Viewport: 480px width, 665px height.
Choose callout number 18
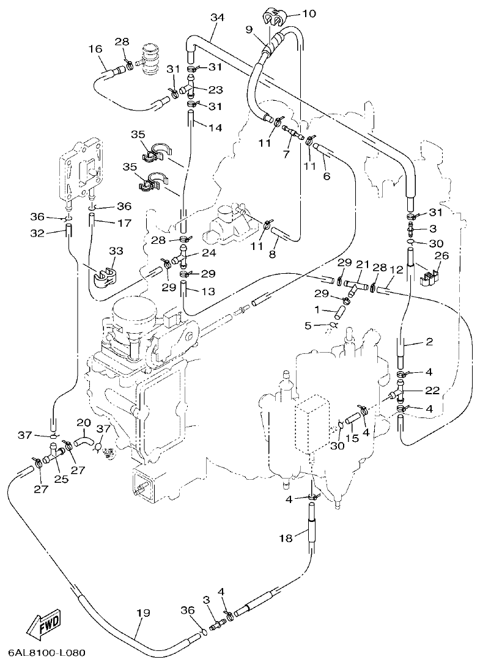pyautogui.click(x=286, y=538)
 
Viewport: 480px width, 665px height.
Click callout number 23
pyautogui.click(x=215, y=90)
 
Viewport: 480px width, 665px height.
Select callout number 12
pyautogui.click(x=396, y=268)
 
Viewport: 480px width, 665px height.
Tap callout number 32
pyautogui.click(x=37, y=232)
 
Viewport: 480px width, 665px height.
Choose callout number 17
pyautogui.click(x=124, y=224)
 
